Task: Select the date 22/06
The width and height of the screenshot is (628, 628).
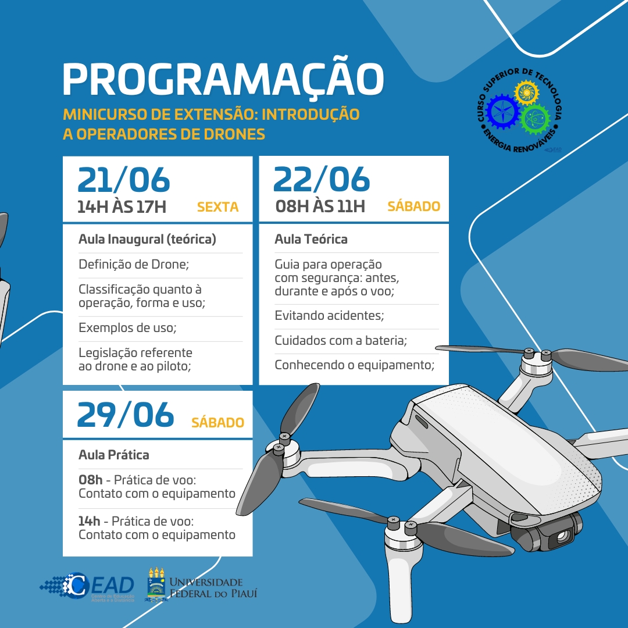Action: click(321, 179)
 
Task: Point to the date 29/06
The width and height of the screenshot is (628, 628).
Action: click(125, 415)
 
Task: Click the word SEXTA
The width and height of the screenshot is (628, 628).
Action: click(217, 207)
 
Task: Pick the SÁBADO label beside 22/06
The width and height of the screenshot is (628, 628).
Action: click(413, 206)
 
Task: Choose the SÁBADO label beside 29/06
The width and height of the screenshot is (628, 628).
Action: click(217, 423)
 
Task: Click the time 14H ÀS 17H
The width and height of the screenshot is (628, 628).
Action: click(122, 206)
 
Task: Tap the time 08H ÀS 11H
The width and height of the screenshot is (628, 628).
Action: click(320, 206)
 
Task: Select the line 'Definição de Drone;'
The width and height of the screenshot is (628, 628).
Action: click(134, 265)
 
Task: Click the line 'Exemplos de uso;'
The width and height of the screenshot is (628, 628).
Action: click(127, 328)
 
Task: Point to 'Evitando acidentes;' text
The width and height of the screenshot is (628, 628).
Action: click(330, 316)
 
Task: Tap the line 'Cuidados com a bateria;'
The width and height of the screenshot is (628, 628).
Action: click(341, 341)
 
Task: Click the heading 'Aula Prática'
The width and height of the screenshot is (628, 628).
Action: click(114, 455)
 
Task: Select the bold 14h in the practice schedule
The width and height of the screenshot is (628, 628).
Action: click(90, 520)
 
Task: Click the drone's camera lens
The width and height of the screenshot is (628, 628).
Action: click(562, 537)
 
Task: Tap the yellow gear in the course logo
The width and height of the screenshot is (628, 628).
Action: click(526, 92)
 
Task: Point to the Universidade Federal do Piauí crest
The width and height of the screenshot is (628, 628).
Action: click(155, 584)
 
